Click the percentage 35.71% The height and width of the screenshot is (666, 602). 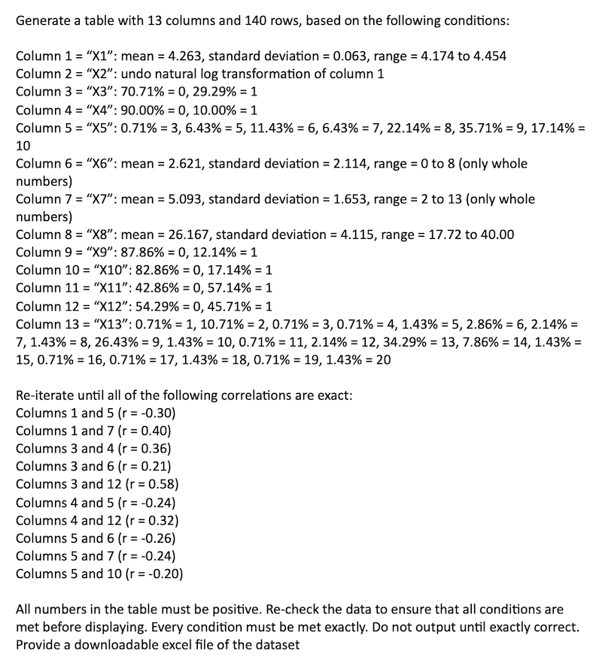[458, 129]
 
